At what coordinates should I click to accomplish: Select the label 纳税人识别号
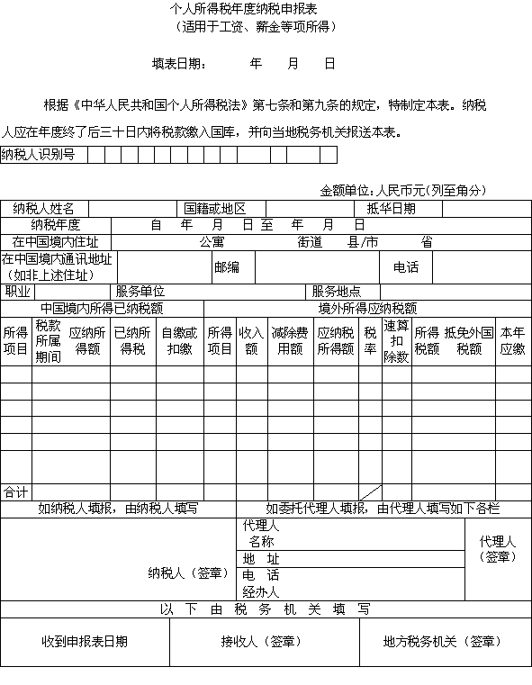(x=38, y=155)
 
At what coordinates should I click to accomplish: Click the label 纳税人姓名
(x=44, y=209)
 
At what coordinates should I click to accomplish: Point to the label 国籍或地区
(x=214, y=209)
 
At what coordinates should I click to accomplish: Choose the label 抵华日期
(x=392, y=209)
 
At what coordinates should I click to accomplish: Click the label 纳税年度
(x=56, y=225)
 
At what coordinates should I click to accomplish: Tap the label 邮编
(x=226, y=267)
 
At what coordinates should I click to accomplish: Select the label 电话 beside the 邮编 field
(x=406, y=267)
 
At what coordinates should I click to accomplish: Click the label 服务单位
(x=140, y=292)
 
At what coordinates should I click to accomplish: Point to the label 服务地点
(x=337, y=292)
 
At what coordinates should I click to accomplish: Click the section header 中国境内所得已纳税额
(x=102, y=308)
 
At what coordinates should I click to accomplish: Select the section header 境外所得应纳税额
(x=367, y=308)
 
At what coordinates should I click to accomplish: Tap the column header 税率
(x=370, y=340)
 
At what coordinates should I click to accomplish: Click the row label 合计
(x=15, y=492)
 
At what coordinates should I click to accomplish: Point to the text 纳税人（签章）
(x=185, y=572)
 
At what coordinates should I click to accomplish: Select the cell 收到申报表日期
(x=85, y=642)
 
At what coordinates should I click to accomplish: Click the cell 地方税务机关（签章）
(x=442, y=642)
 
